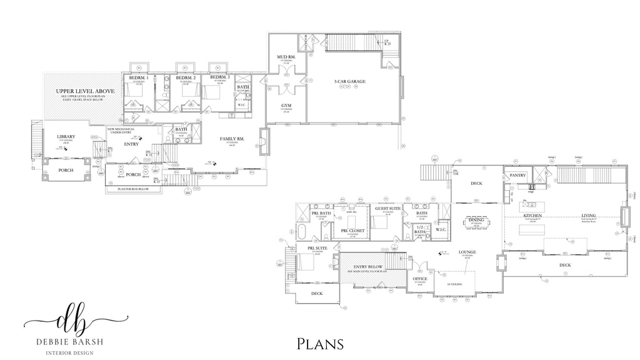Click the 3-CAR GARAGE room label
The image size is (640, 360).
(349, 82)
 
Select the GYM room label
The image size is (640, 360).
(286, 106)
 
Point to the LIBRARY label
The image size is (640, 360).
(66, 136)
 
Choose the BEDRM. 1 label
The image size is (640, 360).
(139, 77)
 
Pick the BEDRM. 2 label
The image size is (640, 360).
(186, 77)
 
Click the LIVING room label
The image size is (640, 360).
(589, 215)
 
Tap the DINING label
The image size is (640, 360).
(477, 220)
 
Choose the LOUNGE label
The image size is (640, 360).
(467, 252)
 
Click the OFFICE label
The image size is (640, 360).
(419, 279)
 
